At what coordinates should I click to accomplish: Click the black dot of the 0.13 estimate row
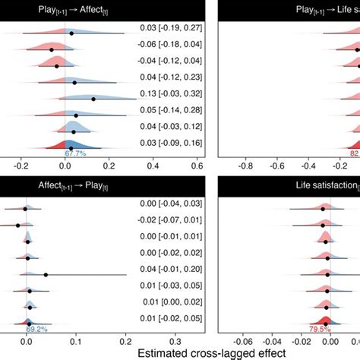click(93, 99)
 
